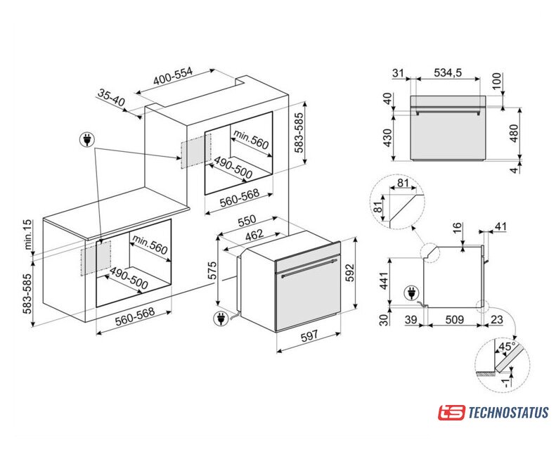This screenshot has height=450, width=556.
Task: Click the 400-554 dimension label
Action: (173, 76)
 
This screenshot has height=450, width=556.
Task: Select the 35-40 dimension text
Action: (111, 98)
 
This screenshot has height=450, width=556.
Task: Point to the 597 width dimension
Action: (309, 335)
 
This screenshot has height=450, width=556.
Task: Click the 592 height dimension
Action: (350, 272)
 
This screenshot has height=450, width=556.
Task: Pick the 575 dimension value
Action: (212, 271)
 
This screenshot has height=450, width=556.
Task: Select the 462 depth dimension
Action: (254, 234)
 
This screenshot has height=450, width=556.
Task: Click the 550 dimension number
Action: (247, 221)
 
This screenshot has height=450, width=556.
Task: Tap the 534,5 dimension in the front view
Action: (448, 72)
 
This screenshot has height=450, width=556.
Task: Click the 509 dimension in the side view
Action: (454, 319)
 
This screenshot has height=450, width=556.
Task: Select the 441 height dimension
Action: (384, 278)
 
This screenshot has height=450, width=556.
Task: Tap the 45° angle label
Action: (507, 346)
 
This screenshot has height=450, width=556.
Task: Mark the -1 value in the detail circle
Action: (506, 382)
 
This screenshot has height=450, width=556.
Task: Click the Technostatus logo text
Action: (508, 413)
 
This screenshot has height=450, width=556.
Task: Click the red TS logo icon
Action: (451, 413)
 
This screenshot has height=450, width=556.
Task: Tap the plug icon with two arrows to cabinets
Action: (86, 139)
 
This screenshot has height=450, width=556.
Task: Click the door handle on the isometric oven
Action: (308, 268)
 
